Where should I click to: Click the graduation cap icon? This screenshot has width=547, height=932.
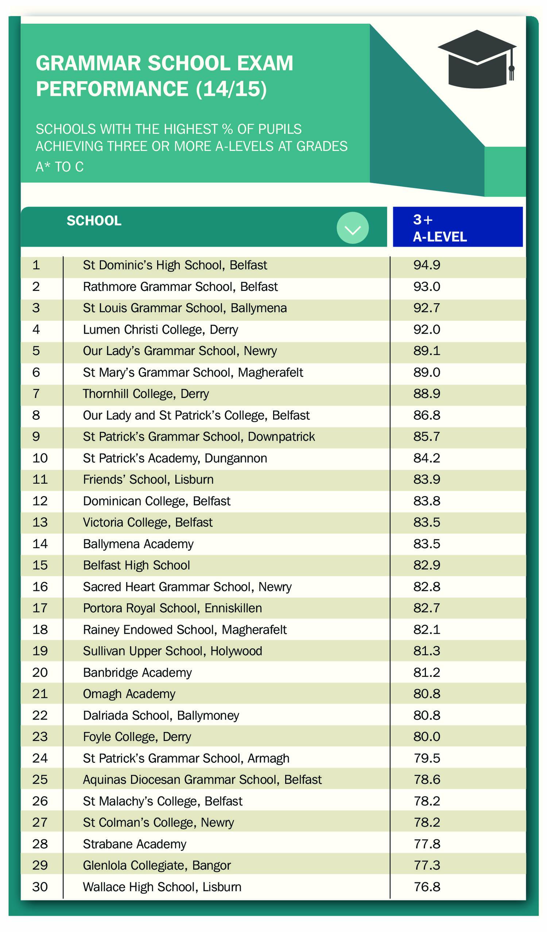pyautogui.click(x=477, y=59)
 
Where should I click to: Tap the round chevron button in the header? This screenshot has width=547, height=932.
pyautogui.click(x=352, y=228)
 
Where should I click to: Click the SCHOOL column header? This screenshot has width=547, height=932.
pyautogui.click(x=94, y=221)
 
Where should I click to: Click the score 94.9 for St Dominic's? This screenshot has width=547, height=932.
pyautogui.click(x=427, y=265)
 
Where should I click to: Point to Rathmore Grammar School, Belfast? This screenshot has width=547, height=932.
pyautogui.click(x=180, y=286)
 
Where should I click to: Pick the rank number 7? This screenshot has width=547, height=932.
pyautogui.click(x=36, y=394)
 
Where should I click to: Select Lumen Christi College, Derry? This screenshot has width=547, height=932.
pyautogui.click(x=160, y=329)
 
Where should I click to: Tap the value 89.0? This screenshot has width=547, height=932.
pyautogui.click(x=427, y=372)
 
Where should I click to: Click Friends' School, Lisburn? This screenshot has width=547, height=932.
pyautogui.click(x=148, y=479)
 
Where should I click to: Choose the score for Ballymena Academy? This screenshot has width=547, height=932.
pyautogui.click(x=427, y=544)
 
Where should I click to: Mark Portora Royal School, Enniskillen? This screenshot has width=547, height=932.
pyautogui.click(x=172, y=608)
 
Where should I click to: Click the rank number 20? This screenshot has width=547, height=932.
pyautogui.click(x=40, y=672)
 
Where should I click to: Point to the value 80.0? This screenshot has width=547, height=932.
pyautogui.click(x=427, y=736)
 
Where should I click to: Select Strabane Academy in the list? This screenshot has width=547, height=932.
pyautogui.click(x=134, y=844)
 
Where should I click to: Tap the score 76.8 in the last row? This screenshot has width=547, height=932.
pyautogui.click(x=427, y=887)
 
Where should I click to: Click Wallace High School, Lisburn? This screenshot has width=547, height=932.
pyautogui.click(x=162, y=887)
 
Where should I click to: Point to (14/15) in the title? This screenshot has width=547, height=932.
pyautogui.click(x=231, y=89)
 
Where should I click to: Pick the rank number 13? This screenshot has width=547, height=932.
pyautogui.click(x=40, y=522)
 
